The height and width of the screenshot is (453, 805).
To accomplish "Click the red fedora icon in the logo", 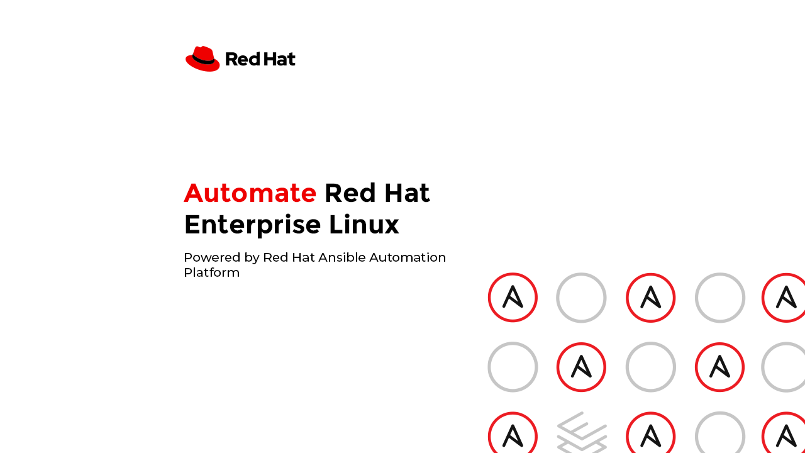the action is (203, 59).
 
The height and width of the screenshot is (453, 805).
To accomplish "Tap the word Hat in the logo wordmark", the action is (279, 59).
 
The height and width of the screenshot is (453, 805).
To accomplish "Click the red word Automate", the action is (250, 193).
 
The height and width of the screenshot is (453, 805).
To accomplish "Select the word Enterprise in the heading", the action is (252, 225).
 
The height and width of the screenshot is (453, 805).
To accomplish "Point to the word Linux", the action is (364, 225).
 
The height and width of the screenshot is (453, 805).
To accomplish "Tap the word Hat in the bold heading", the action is (407, 193).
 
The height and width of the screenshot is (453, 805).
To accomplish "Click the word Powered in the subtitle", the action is (212, 257).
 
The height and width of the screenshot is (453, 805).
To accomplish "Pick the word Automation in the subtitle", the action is (408, 257).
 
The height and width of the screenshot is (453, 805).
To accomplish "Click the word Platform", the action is (212, 273).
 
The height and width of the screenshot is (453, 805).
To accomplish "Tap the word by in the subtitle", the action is (252, 258).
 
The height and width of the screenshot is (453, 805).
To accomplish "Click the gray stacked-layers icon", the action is (582, 432).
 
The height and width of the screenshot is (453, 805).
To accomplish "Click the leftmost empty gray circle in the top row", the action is (581, 274).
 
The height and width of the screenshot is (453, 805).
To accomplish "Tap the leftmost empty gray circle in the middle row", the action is (513, 343).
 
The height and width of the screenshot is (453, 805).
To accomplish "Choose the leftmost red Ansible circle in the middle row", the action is (581, 344).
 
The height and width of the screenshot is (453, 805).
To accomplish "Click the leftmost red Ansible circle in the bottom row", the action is (513, 413).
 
